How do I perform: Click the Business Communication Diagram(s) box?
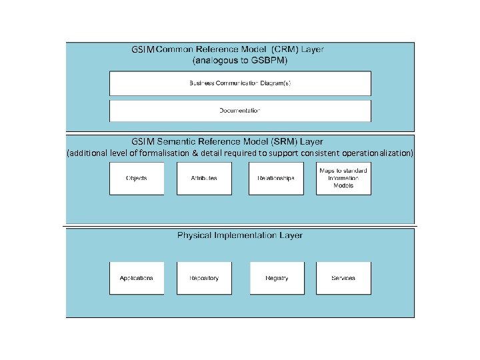(x=240, y=83)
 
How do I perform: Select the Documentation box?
(x=240, y=111)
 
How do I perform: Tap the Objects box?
(x=137, y=179)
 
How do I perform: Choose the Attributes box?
(x=204, y=179)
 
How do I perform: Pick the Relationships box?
(x=276, y=179)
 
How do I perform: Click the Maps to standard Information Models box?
(x=343, y=179)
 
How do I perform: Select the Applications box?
(x=137, y=278)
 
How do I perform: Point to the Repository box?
(x=204, y=278)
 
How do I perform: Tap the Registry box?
(x=277, y=278)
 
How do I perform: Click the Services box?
(x=343, y=278)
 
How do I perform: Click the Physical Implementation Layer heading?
(x=240, y=235)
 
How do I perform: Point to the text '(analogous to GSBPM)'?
(x=240, y=60)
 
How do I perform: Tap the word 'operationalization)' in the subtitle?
(x=379, y=153)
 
